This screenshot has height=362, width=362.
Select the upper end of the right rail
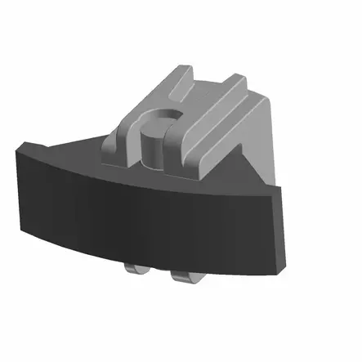point(237,80)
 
